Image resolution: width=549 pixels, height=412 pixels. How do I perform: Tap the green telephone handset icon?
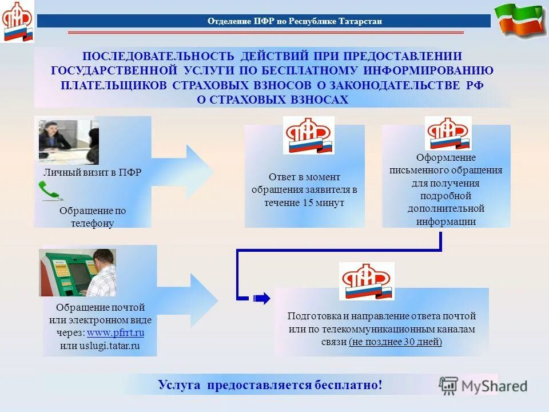coord(49,191)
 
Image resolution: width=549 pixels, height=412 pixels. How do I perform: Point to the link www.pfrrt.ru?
coord(116,332)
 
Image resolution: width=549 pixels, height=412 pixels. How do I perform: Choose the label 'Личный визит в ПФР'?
coord(92,173)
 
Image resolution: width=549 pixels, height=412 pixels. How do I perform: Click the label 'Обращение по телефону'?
coord(92,217)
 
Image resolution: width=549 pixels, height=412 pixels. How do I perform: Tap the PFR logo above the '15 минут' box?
coord(309,136)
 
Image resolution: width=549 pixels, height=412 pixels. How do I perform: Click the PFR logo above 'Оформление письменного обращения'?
coord(448,133)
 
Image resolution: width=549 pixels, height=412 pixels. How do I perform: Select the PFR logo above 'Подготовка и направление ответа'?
coord(366,282)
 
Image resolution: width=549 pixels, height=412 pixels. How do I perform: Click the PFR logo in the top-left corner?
coord(17,22)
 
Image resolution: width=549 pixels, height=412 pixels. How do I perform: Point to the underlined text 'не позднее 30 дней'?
coord(395,342)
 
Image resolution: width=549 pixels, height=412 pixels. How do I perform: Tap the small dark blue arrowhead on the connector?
coord(261,298)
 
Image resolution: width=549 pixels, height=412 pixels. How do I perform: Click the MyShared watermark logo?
coord(483,386)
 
